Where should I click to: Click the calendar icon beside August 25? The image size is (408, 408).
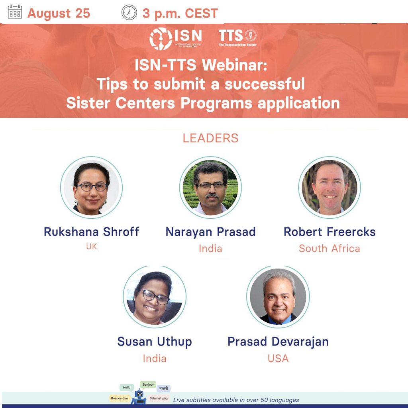pos(15,12)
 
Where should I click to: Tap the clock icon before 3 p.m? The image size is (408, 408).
pos(129,12)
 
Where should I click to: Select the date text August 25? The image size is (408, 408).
pos(59,13)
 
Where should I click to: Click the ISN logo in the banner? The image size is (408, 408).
pos(176,39)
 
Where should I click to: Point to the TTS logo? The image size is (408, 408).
pos(237,37)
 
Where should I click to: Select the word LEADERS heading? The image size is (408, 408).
pos(210,138)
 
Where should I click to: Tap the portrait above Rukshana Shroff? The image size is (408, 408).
pos(91,187)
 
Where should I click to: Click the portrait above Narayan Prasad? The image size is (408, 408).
pos(210,187)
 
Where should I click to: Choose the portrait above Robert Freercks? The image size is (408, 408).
pos(330,187)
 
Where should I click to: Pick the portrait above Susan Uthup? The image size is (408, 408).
pos(155,296)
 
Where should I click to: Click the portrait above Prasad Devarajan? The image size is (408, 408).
pos(278,296)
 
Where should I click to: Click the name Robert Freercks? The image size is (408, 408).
pos(330,231)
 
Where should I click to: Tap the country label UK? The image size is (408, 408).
pos(92,246)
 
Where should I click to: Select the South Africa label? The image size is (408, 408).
pos(330,249)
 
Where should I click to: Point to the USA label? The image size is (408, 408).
pos(278,359)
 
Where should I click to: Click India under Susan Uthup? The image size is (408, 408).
pos(155,359)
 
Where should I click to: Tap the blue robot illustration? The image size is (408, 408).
pos(139,396)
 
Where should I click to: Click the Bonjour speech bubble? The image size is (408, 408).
pos(148,384)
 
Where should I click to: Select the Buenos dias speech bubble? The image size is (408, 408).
pos(120,398)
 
